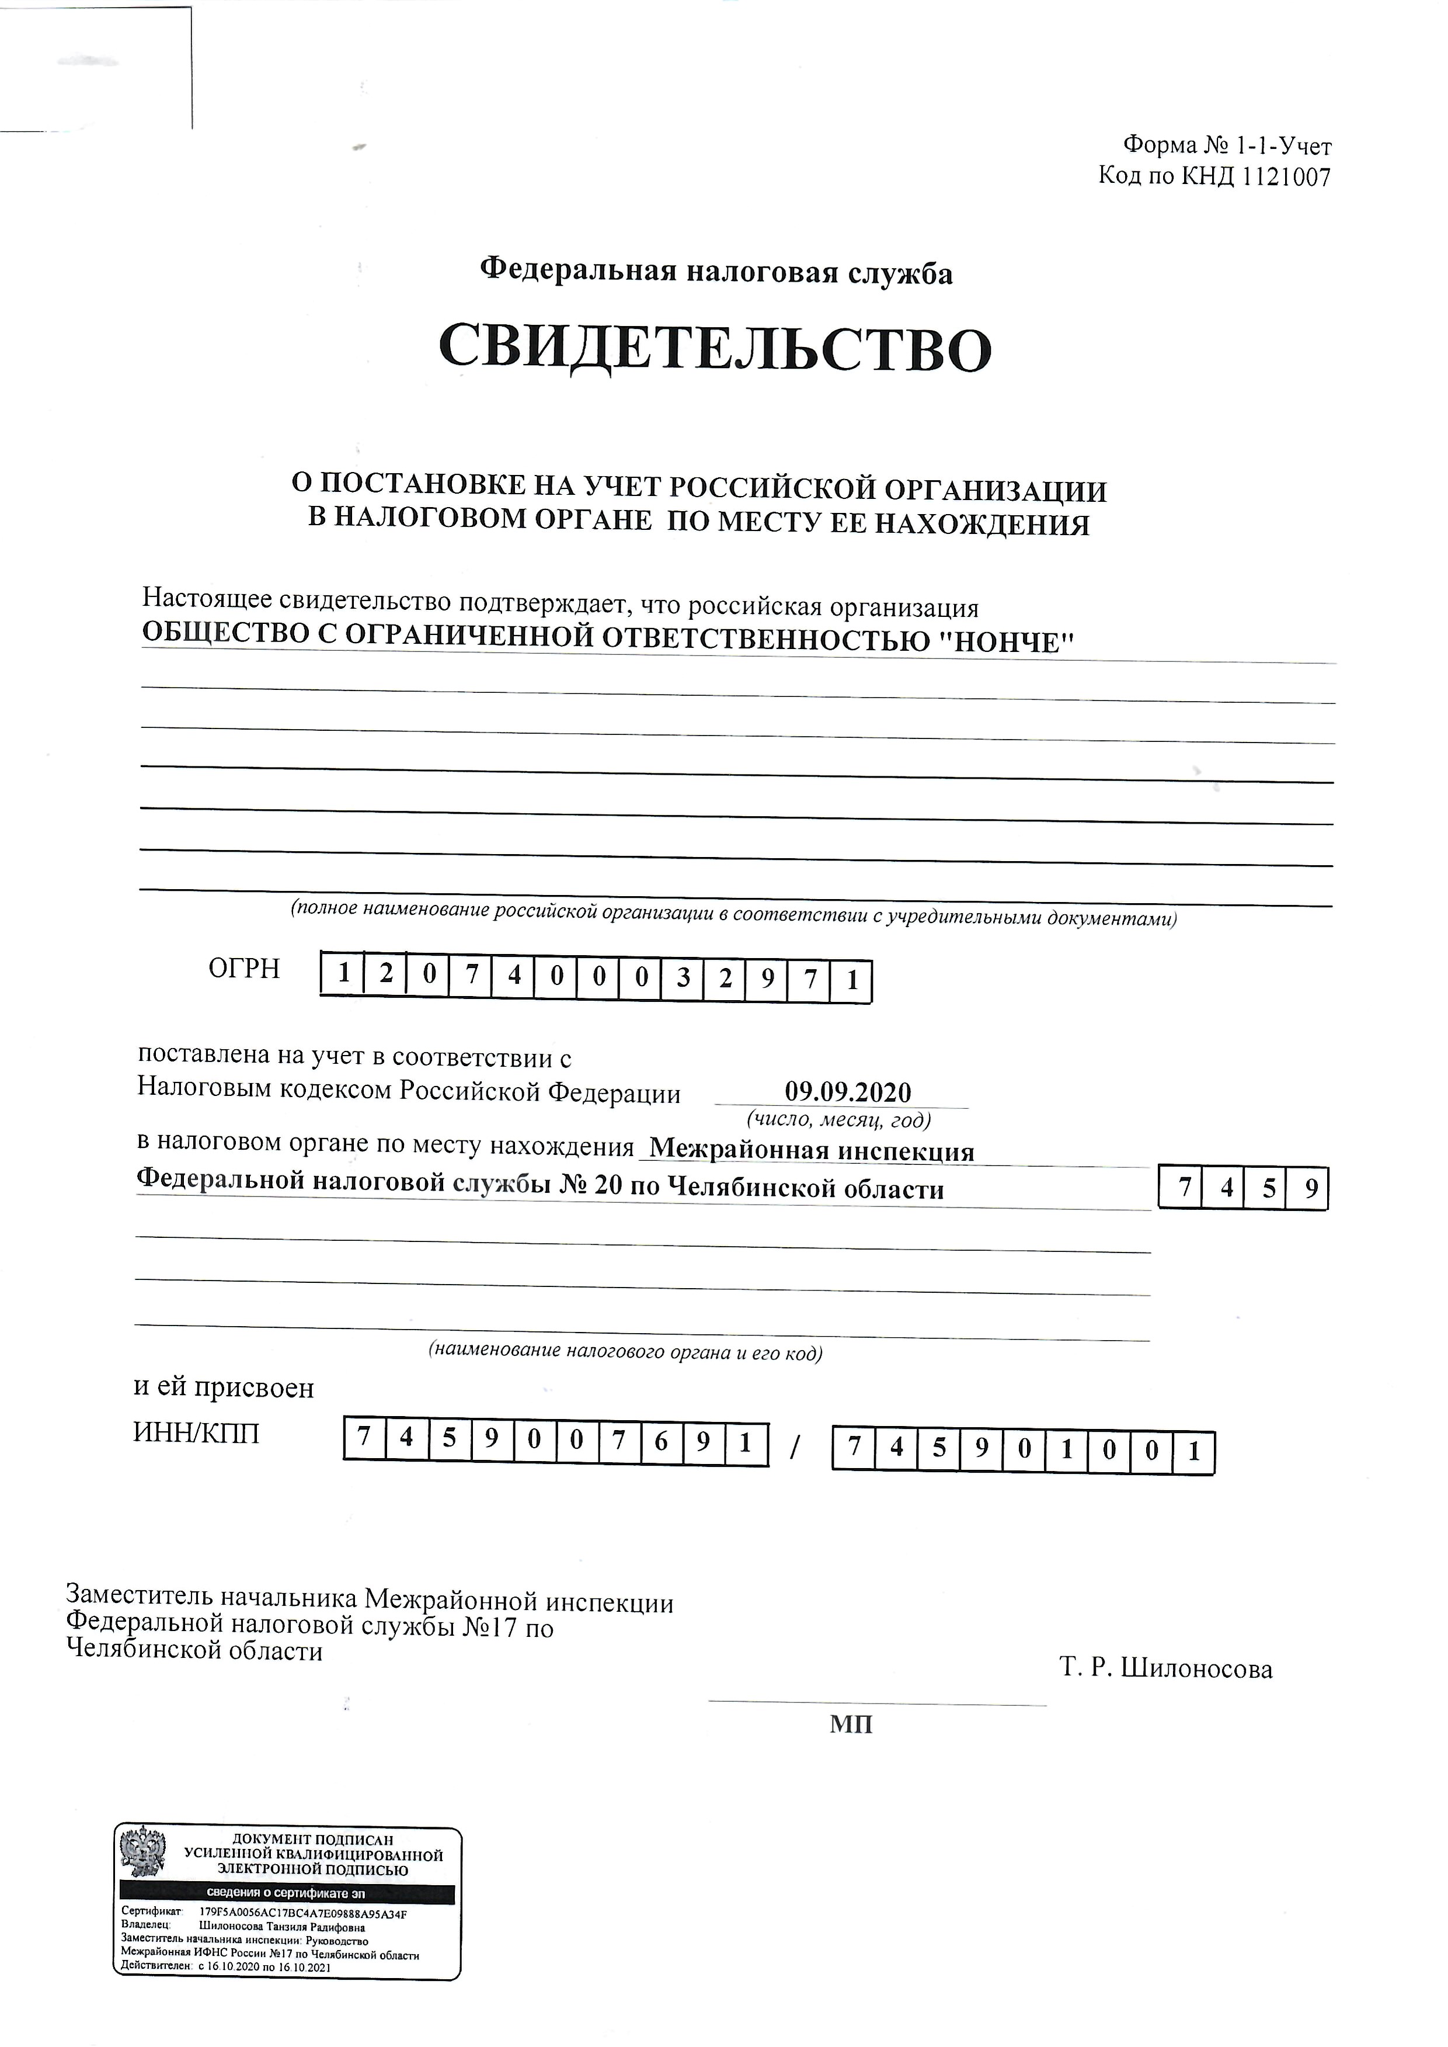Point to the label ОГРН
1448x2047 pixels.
(243, 970)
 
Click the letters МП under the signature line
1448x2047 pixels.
(851, 1724)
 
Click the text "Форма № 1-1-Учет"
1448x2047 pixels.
(1227, 145)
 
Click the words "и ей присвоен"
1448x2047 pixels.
(224, 1388)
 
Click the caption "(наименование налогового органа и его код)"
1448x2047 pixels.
(625, 1352)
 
